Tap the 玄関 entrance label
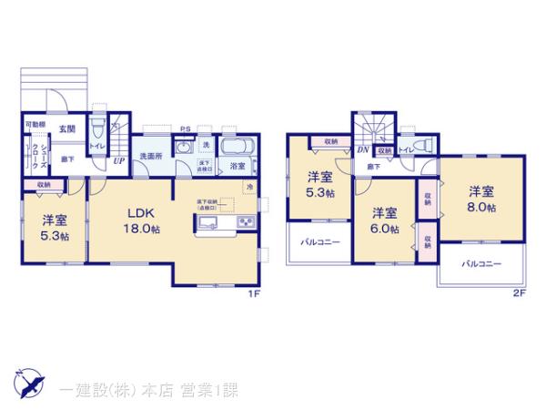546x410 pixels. (x=67, y=130)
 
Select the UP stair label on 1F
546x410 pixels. (x=118, y=161)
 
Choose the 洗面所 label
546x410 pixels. (x=149, y=157)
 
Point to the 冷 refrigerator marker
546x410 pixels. (x=249, y=187)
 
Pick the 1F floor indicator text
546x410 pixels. (x=257, y=293)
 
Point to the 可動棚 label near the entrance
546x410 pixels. (x=35, y=125)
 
